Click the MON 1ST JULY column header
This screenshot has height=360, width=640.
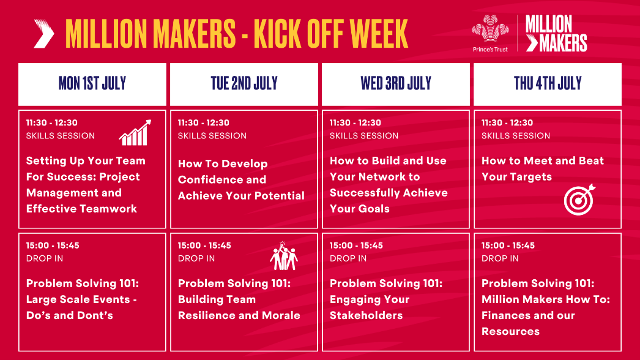point(92,84)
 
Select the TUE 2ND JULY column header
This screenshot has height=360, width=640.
point(244,84)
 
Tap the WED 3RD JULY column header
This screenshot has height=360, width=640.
point(396,84)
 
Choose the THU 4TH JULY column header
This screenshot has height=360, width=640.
point(548,84)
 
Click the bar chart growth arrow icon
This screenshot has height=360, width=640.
point(135,133)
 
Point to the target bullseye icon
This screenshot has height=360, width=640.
point(579,199)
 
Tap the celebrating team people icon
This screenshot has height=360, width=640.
point(283,257)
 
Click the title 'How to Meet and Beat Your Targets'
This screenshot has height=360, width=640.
point(542,169)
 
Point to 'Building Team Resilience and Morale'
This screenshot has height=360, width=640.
point(239,307)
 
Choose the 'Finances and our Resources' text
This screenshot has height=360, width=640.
point(528,323)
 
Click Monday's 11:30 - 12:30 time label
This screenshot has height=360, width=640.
point(52,123)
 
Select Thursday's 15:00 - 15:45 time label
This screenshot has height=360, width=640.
point(508,246)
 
